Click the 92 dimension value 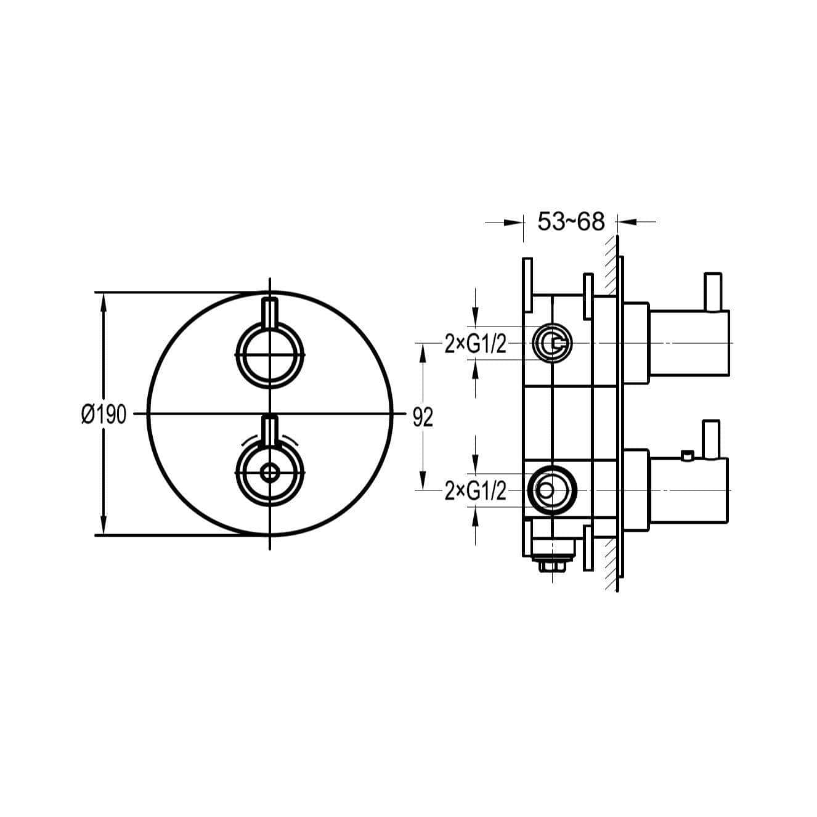(x=423, y=418)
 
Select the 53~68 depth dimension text (x=571, y=221)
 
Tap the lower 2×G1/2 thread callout (x=475, y=492)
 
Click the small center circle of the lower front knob (x=270, y=473)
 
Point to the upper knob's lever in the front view (x=270, y=313)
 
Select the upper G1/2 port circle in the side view (x=553, y=343)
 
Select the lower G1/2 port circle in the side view (x=553, y=490)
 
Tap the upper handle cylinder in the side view (x=689, y=343)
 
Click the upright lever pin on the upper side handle (x=713, y=291)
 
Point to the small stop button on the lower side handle (x=687, y=455)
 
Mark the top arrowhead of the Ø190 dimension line (x=104, y=302)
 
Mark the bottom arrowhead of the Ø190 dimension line (x=104, y=526)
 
